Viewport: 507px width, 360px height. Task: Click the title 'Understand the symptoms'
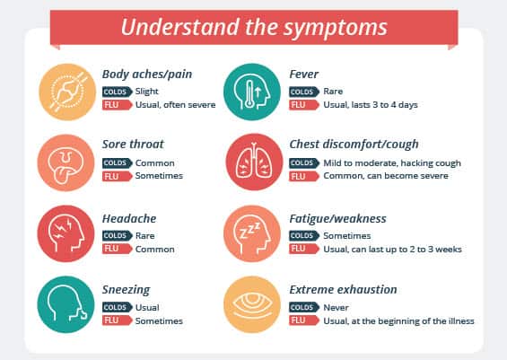coord(254,26)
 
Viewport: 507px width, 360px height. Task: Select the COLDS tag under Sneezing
coord(116,307)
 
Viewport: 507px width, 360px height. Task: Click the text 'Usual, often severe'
coord(175,105)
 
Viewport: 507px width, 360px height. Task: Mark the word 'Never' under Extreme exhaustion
coord(331,307)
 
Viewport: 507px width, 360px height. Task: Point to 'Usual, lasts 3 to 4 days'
coord(369,105)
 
